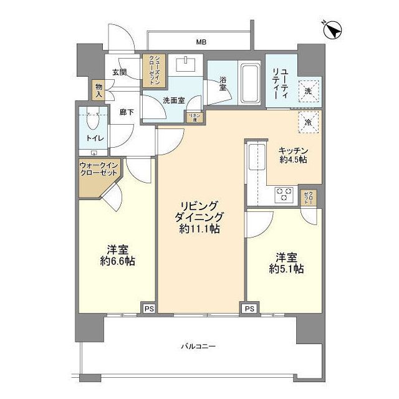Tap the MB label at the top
click(x=201, y=42)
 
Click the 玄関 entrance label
click(x=119, y=72)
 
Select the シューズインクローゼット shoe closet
click(x=152, y=70)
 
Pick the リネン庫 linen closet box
click(x=193, y=115)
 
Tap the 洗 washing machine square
click(x=309, y=91)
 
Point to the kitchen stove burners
click(x=284, y=195)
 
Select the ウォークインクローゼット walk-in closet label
click(x=99, y=170)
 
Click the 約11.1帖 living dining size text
click(x=200, y=229)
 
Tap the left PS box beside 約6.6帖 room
click(x=148, y=308)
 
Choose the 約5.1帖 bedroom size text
click(x=287, y=269)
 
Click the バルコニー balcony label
click(x=198, y=346)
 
